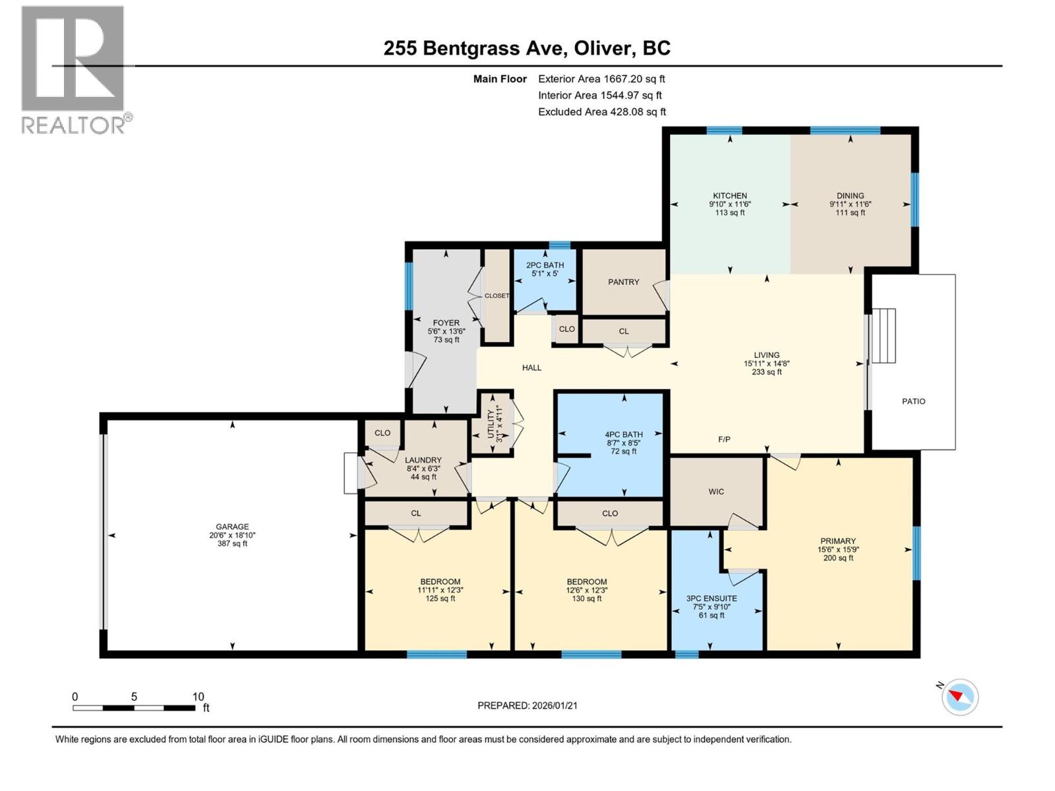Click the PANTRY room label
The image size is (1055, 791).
(x=623, y=282)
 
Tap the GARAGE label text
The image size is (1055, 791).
(x=232, y=527)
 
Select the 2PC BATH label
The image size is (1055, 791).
(x=545, y=266)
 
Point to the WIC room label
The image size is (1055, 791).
(x=716, y=492)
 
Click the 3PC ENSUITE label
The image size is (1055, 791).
(x=711, y=599)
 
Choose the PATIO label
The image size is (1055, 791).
(x=913, y=401)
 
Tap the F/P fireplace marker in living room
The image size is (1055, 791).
(x=724, y=440)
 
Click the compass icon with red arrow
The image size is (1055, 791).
(x=960, y=697)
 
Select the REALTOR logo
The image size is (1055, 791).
(x=74, y=69)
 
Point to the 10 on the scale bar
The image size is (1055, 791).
(x=198, y=697)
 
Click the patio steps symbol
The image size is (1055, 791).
(x=884, y=336)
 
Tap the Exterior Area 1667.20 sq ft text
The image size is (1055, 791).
(x=601, y=79)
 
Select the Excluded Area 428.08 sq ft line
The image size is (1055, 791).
(x=602, y=112)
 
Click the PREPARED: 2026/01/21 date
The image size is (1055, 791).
(x=527, y=705)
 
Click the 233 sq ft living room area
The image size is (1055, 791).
(x=767, y=372)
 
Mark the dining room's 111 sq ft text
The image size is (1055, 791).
(x=850, y=213)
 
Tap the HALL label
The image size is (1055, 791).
(x=531, y=368)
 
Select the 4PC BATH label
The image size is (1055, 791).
(x=624, y=435)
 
